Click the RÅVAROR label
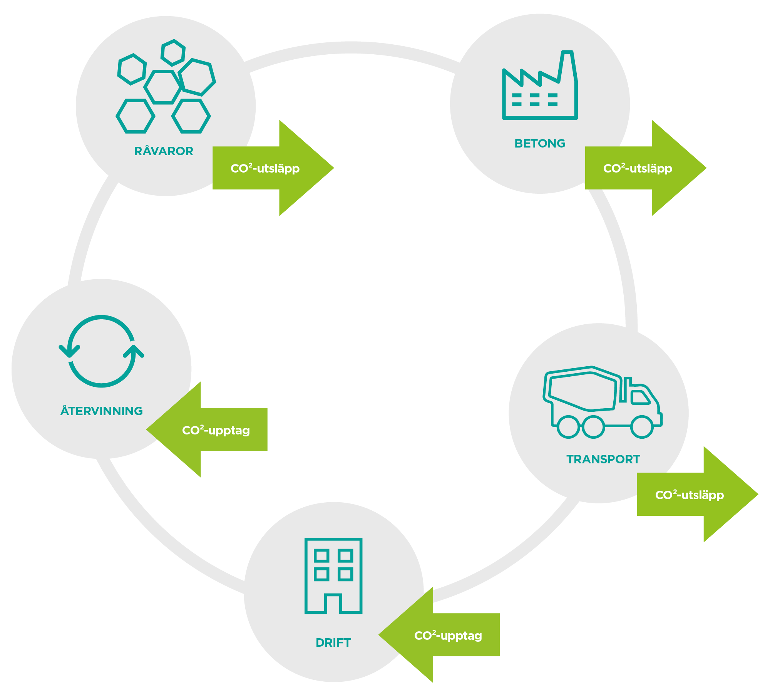[164, 151]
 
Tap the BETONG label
[540, 143]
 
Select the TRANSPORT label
[603, 459]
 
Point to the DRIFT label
[333, 642]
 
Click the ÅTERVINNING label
[102, 411]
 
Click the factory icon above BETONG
[540, 87]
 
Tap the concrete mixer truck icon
[603, 403]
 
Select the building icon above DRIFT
[333, 575]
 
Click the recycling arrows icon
[102, 351]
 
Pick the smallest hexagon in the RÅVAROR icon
[173, 52]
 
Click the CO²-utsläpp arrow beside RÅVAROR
[273, 168]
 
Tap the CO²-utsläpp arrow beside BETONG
[646, 168]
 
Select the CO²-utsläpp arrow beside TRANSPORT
[698, 495]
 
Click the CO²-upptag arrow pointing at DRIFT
[439, 635]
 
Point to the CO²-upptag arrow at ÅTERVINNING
[207, 430]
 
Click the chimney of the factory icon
[567, 67]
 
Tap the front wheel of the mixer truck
[642, 427]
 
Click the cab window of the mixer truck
[639, 397]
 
